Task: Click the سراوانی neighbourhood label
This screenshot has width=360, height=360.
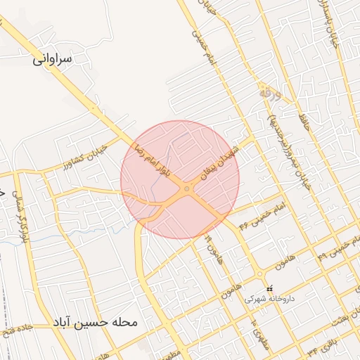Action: pos(52,60)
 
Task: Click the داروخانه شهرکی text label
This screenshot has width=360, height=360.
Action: pos(270,298)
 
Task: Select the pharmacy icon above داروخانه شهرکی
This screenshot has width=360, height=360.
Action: pos(269,288)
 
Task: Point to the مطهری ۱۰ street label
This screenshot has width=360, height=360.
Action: pos(255,330)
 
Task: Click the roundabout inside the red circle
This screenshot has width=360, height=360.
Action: pos(186,188)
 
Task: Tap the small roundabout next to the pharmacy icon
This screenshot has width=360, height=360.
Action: pos(259,274)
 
